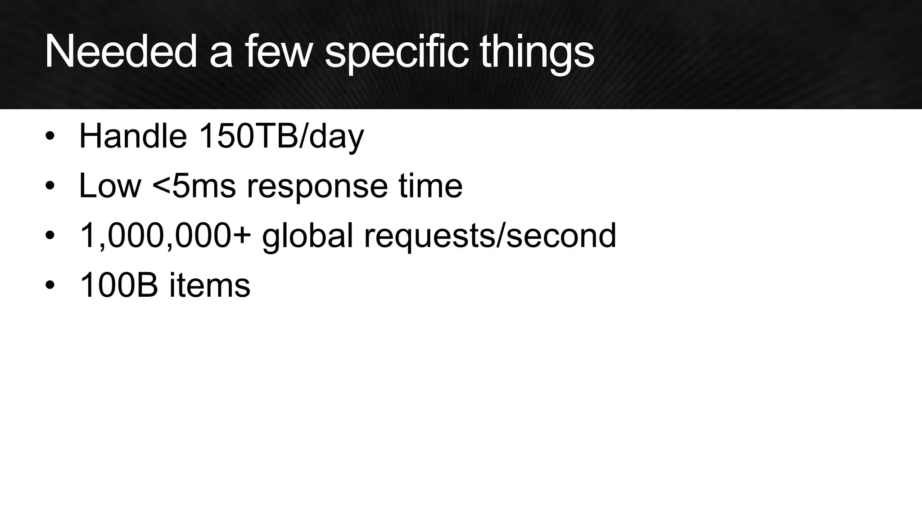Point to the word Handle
133,136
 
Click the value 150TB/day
281,136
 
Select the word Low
110,185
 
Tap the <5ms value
194,185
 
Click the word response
317,186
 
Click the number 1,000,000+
165,236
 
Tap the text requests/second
490,236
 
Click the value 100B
118,285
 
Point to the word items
210,285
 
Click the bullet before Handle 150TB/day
50,136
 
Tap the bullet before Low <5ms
50,185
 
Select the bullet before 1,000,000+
50,236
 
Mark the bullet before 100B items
50,285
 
